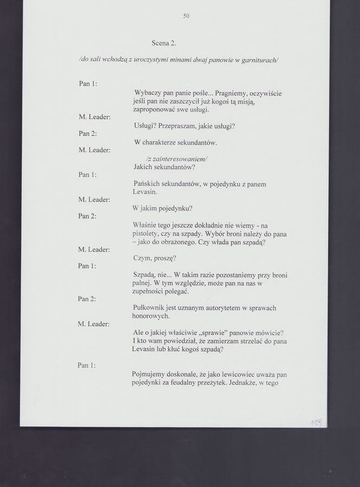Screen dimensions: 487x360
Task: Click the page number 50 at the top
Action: point(186,16)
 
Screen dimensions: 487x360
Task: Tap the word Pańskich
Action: point(148,184)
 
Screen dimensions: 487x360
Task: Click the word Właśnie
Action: point(145,225)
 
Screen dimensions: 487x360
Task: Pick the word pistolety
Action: point(148,234)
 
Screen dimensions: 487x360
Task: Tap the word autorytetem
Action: point(220,308)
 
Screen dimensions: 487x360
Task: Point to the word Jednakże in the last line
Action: point(240,383)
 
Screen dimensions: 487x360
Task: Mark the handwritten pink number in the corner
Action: point(317,422)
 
